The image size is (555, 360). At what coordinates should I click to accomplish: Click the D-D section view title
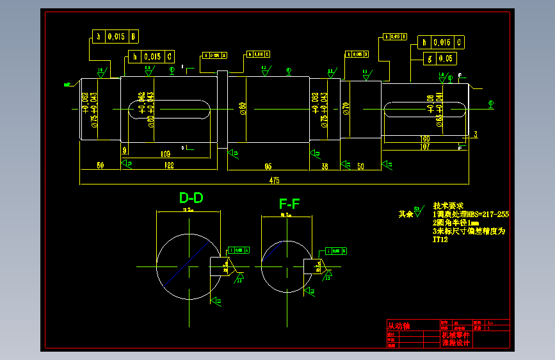(x=191, y=198)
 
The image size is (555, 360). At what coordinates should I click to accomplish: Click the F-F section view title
(x=289, y=204)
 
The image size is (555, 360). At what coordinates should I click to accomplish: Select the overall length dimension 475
(x=274, y=181)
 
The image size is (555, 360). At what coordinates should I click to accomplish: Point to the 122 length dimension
(x=170, y=165)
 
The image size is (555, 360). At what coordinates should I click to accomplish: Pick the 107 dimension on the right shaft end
(x=424, y=147)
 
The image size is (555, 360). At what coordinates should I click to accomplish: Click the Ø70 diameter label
(x=346, y=108)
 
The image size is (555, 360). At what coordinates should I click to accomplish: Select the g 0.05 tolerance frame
(x=438, y=59)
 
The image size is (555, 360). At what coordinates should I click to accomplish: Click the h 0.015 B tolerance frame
(x=116, y=37)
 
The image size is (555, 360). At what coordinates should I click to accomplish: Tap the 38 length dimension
(x=325, y=166)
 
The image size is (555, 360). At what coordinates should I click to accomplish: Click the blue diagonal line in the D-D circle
(x=188, y=264)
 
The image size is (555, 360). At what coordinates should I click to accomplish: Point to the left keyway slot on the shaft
(x=170, y=109)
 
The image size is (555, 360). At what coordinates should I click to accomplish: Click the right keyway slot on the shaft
(x=424, y=109)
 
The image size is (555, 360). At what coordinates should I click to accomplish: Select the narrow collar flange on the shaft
(x=222, y=109)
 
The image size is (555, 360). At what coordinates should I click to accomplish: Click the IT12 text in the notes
(x=440, y=240)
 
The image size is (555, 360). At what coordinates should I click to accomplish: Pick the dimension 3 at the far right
(x=476, y=135)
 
